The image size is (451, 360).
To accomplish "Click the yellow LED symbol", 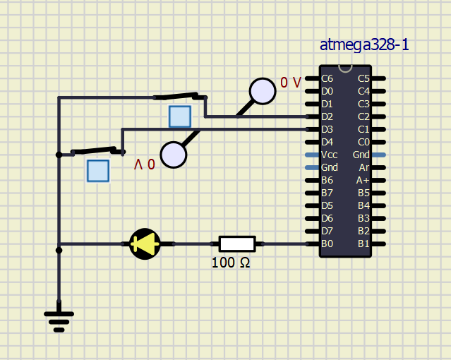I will tap(145, 244).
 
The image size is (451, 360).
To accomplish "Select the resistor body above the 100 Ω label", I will tap(236, 244).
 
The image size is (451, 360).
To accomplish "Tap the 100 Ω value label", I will tap(231, 263).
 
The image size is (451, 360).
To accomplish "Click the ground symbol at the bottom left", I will tap(59, 319).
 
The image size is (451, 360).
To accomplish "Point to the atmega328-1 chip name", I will tap(364, 45).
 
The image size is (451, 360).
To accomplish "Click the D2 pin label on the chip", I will tap(327, 116).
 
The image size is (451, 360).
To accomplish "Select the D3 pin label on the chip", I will tap(327, 129).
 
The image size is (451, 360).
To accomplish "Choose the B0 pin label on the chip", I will tap(327, 244).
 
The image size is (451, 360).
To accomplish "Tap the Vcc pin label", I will tap(329, 155).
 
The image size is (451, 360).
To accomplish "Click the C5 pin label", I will tap(363, 78).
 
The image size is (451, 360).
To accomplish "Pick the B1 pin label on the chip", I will tap(363, 244).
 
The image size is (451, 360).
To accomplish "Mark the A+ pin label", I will tap(363, 180).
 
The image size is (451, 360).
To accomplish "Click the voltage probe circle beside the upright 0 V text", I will tap(262, 91).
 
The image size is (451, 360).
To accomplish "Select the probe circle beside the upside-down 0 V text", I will tap(174, 155).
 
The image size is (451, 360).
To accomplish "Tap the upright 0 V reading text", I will tap(290, 83).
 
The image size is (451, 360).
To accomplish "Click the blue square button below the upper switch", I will tap(180, 116).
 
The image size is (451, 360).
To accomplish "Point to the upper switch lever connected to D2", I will tap(180, 96).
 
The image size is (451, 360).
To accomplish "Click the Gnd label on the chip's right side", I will tap(361, 155).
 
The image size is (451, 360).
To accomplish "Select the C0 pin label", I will tap(363, 142).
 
